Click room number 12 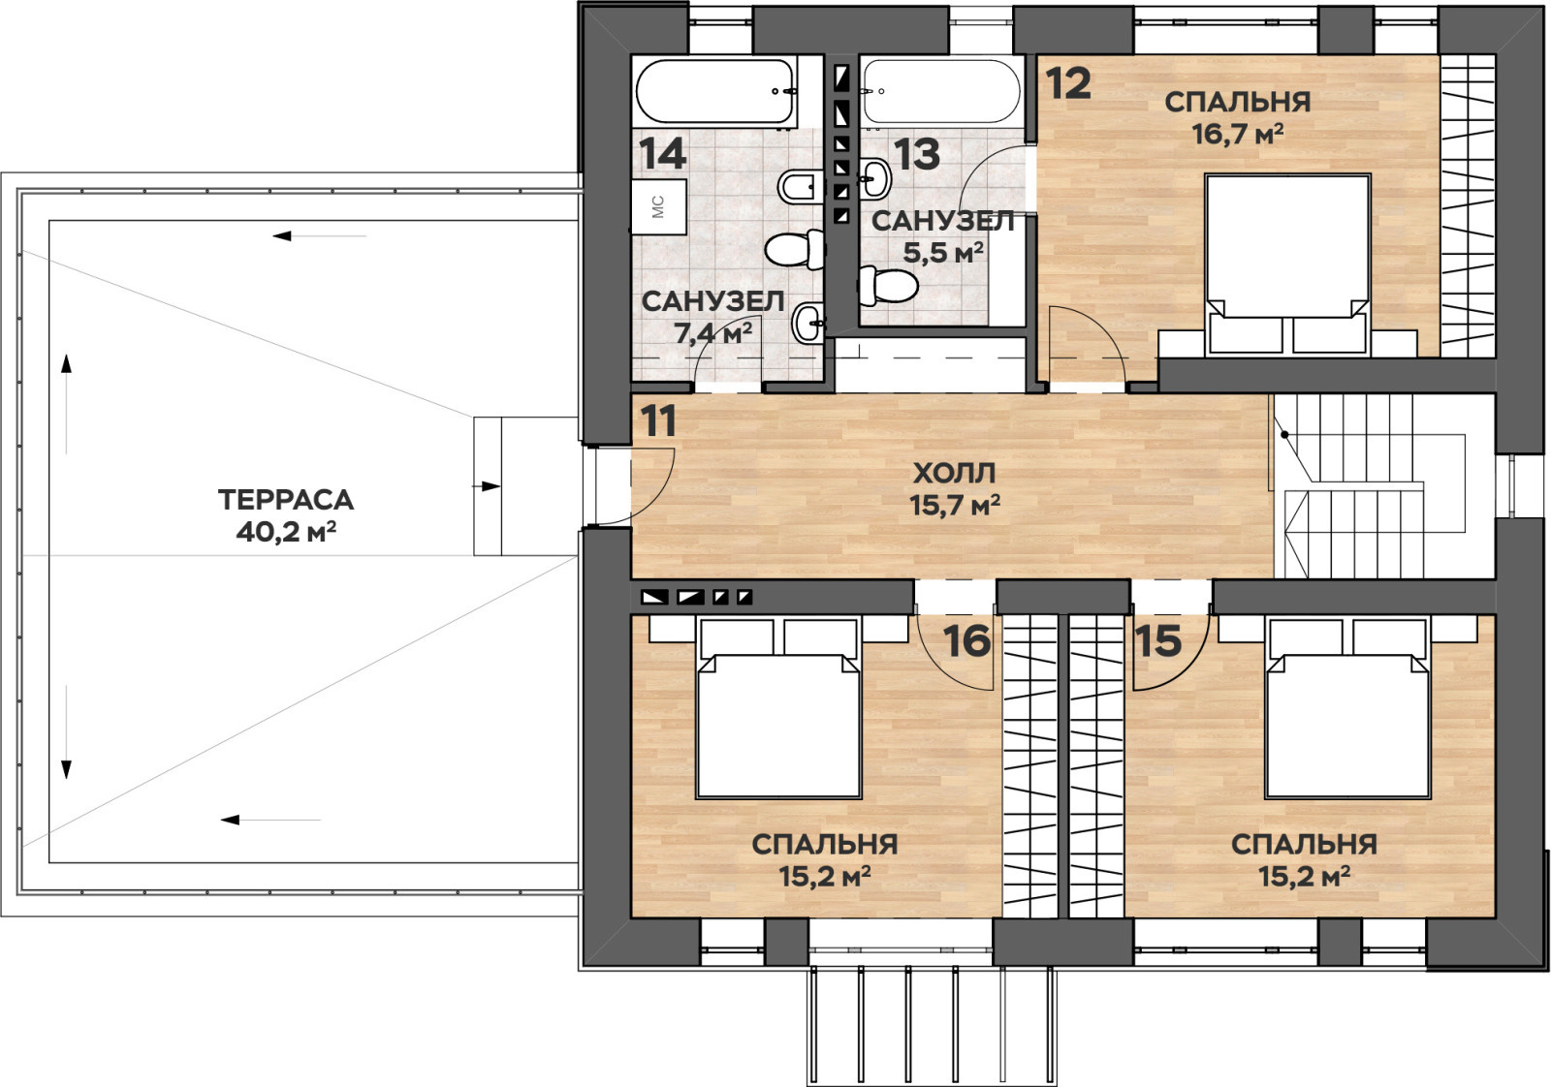[x=1067, y=83]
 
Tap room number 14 [x=663, y=153]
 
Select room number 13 [x=916, y=154]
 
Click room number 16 [x=966, y=640]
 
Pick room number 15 [x=1158, y=640]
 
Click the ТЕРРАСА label [x=286, y=500]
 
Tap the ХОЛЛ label [x=954, y=474]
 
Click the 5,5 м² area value [x=943, y=253]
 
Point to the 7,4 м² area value [x=713, y=333]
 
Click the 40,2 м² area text [x=286, y=532]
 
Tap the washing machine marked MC [x=658, y=206]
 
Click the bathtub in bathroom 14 [x=715, y=92]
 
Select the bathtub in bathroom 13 [x=941, y=92]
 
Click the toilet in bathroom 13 [x=888, y=285]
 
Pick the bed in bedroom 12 [x=1288, y=264]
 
